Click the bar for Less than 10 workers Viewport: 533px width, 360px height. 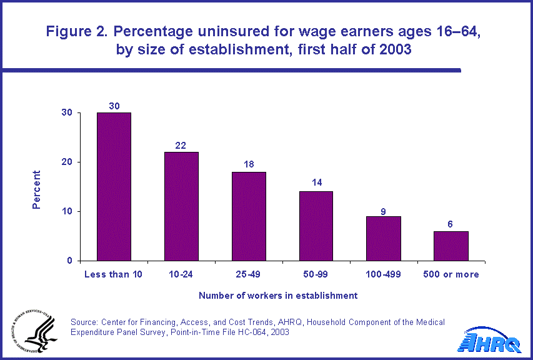[x=114, y=186]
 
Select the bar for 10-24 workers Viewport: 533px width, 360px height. [x=181, y=206]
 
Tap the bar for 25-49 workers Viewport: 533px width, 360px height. [x=249, y=216]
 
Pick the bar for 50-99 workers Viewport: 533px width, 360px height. [x=316, y=226]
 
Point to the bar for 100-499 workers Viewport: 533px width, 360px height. [x=384, y=238]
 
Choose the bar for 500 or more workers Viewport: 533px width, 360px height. [x=451, y=246]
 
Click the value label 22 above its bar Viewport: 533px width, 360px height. [x=181, y=145]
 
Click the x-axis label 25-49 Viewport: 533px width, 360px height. [x=249, y=274]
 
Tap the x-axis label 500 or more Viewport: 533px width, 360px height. [x=452, y=274]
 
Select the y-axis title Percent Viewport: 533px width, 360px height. [x=37, y=189]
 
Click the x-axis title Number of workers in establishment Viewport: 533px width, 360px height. [x=278, y=295]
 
